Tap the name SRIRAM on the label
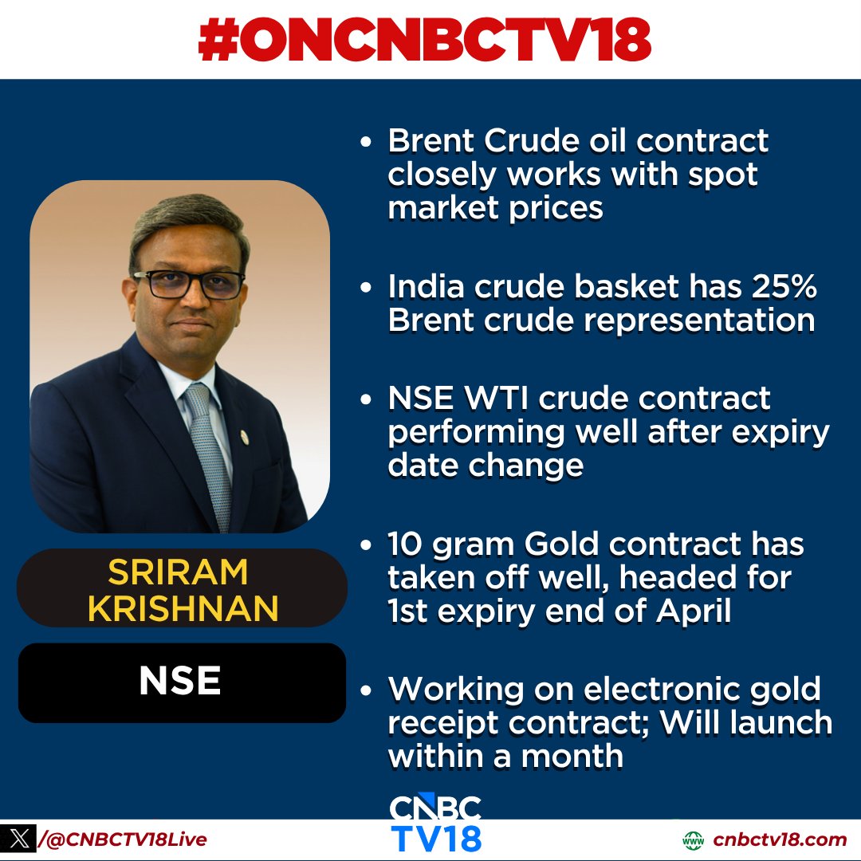coord(179,572)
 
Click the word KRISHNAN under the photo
coord(183,608)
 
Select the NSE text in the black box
coord(180,682)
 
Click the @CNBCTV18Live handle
coord(128,839)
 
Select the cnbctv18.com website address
coord(779,839)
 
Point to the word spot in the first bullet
coord(725,174)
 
